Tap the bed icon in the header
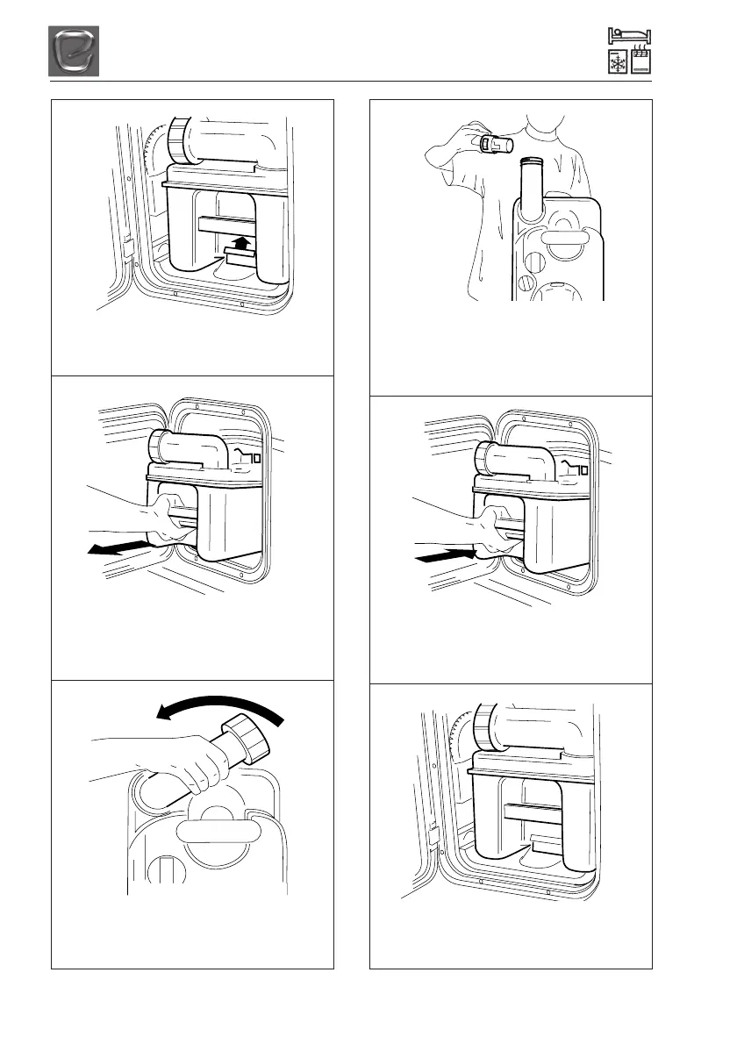(x=630, y=37)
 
